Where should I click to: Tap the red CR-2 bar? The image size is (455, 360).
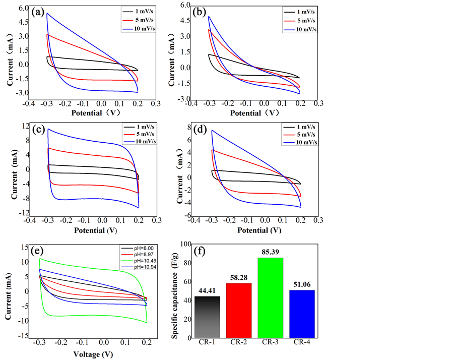click(x=238, y=310)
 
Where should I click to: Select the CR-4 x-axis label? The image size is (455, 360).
click(x=302, y=343)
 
